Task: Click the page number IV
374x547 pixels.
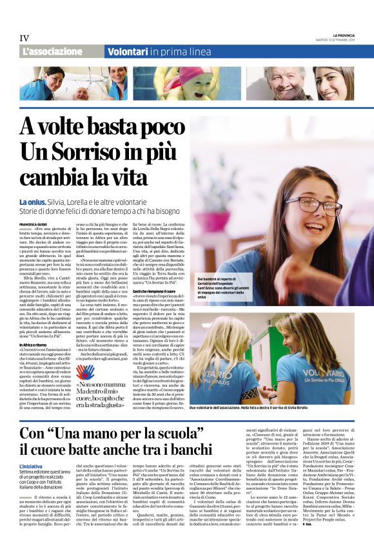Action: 25,39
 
